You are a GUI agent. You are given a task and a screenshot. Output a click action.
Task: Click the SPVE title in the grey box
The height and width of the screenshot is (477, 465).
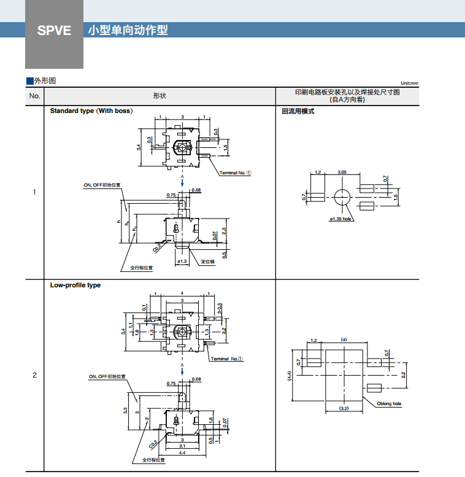54,30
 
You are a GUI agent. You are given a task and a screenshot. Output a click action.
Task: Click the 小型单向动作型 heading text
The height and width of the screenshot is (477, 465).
128,30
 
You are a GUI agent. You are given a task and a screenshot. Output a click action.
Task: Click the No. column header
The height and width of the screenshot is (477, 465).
34,96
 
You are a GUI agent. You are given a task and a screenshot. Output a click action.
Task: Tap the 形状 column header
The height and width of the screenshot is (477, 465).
159,96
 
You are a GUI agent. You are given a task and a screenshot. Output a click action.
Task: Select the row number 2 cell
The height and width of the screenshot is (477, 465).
34,375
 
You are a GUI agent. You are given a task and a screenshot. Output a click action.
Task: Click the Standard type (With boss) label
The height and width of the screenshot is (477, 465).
91,111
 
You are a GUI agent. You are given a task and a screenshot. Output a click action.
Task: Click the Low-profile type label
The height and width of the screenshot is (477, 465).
75,285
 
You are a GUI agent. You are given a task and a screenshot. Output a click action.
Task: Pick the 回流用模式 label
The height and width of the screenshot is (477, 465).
298,111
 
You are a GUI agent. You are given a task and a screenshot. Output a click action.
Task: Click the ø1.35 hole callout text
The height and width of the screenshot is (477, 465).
340,219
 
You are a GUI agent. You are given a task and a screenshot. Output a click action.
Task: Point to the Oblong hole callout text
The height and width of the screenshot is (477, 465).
389,403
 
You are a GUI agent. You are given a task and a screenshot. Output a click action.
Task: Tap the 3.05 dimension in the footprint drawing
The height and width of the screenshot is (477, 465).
342,173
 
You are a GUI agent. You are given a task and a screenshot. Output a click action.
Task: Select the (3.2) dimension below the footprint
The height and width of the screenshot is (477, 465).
344,408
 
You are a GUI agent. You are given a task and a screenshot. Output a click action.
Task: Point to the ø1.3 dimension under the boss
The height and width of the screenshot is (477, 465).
182,262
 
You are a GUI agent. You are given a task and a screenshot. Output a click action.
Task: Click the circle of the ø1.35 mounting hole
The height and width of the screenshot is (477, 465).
342,196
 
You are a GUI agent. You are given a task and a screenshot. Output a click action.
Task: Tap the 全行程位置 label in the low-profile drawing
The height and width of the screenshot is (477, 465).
154,459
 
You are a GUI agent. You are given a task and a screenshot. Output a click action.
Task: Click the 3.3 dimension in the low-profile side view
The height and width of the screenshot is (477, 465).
125,410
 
